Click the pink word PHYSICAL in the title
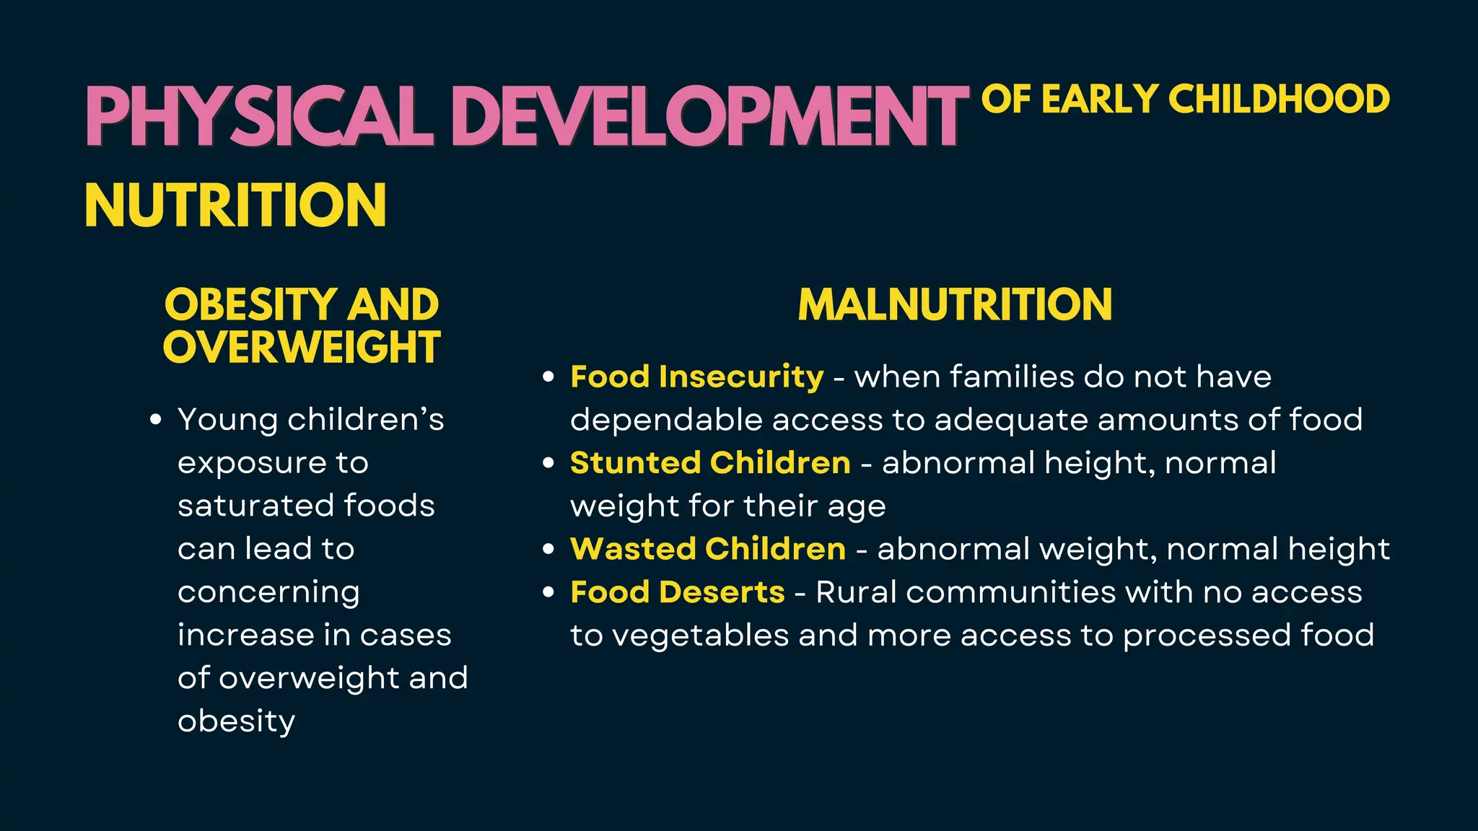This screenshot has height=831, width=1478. point(258,117)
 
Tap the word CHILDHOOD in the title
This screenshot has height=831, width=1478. point(1279,100)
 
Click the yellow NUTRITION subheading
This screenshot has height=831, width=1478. point(235,206)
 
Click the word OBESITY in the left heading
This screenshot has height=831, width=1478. point(250,304)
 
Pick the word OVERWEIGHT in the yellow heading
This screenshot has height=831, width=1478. point(302,348)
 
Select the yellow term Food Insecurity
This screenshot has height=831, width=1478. point(696,377)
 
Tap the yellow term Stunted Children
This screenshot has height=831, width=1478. point(710,463)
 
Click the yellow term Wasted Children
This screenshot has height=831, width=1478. point(707,549)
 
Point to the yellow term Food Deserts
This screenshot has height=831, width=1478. point(677,592)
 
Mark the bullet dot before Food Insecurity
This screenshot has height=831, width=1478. point(549,377)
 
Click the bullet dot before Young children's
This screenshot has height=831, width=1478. point(156,420)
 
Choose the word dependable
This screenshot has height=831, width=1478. point(666,420)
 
